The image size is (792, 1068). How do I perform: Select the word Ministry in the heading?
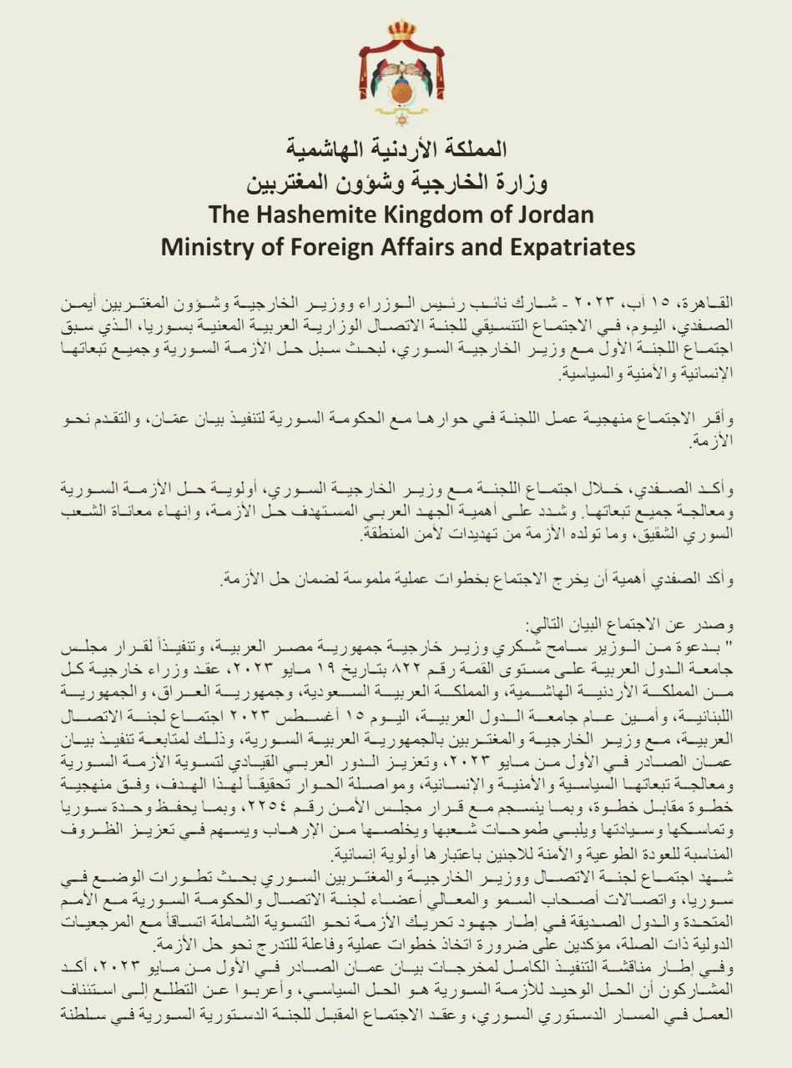coord(204,248)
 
